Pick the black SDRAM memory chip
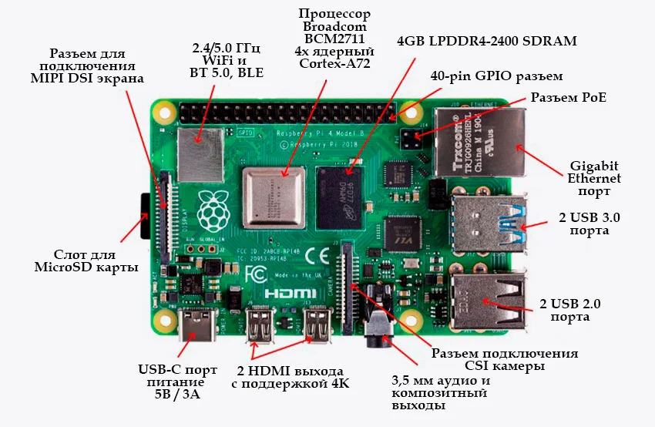[344, 188]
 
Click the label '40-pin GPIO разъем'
[496, 77]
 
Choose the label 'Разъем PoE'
[568, 98]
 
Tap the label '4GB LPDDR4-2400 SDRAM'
[486, 42]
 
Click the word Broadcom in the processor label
[334, 29]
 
